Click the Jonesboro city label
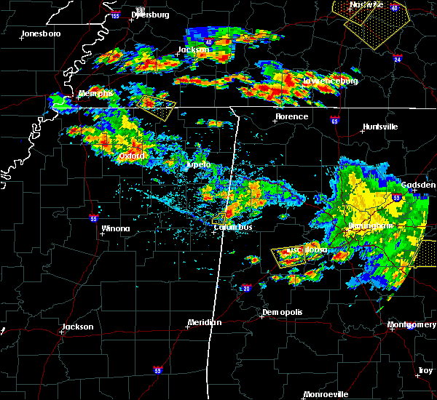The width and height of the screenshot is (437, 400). point(41,33)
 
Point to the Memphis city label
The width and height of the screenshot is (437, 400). point(96,93)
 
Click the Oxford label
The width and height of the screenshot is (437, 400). point(133,156)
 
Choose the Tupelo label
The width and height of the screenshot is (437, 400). point(197,164)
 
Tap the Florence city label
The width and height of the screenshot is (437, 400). point(291,116)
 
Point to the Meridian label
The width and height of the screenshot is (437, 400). point(205,322)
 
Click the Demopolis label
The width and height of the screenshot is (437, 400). point(282,312)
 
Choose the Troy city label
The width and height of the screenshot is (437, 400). point(425,371)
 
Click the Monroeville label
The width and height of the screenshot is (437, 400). point(326,394)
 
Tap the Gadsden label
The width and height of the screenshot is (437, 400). point(419,185)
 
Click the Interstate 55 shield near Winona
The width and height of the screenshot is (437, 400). point(93,217)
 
